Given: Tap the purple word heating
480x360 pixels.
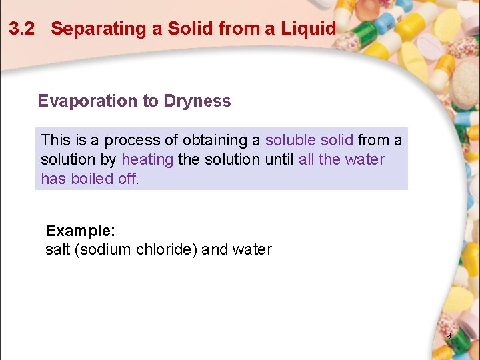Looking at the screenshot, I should tap(147, 160).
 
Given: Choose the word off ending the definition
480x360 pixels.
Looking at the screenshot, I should tap(127, 179).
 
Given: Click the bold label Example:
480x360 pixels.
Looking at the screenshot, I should tap(80, 231).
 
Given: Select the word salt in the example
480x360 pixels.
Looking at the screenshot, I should tap(59, 250).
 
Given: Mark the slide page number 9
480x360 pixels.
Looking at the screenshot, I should tap(448, 336).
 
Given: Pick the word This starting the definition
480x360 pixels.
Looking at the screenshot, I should tap(55, 141).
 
